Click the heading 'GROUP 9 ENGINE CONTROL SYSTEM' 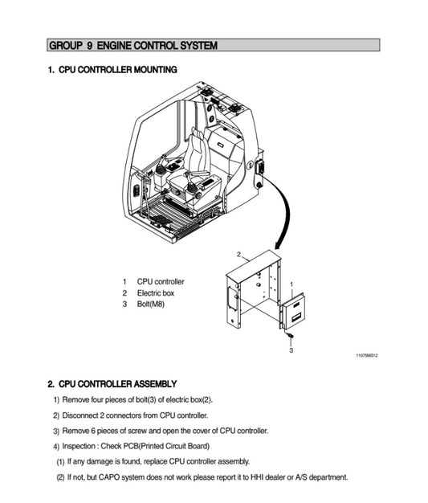[132, 45]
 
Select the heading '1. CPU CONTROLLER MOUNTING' [112, 71]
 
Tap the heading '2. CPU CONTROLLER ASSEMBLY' [112, 384]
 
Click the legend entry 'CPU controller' [161, 281]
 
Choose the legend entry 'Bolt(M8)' [151, 305]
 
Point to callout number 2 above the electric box [238, 254]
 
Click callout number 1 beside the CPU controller [291, 284]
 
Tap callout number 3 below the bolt [291, 350]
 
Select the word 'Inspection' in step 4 [81, 446]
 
